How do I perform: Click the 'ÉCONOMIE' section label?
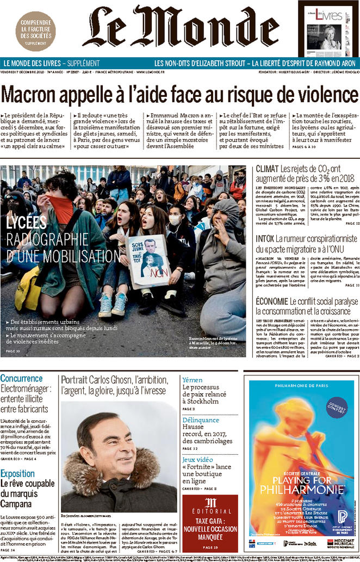tap(271, 301)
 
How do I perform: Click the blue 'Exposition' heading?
tap(18, 473)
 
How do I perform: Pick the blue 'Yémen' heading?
tap(193, 379)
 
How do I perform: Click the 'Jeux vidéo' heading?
tap(198, 459)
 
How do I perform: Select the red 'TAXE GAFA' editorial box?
tap(202, 523)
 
